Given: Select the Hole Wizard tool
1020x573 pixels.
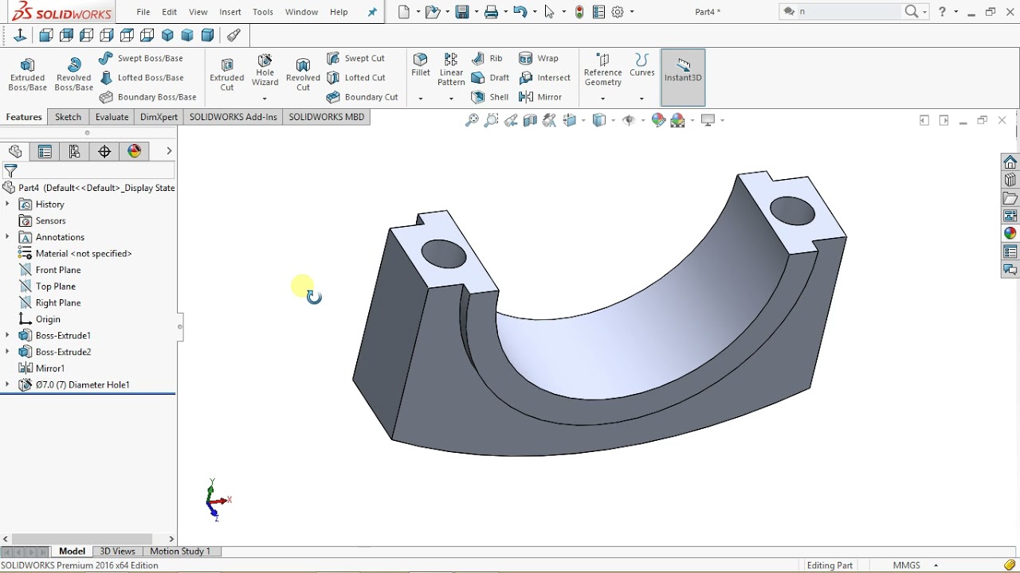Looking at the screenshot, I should point(265,70).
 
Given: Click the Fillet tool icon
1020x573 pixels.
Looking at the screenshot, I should point(421,64).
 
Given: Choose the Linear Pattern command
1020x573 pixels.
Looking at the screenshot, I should point(451,68).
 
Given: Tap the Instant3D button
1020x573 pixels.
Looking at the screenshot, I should point(683,70).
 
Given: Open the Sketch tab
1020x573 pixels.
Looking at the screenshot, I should point(68,117).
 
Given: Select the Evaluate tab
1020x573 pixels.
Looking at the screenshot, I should point(112,117).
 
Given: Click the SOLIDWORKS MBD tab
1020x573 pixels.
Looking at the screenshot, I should point(326,117).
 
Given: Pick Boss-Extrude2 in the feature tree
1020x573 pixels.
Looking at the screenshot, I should point(63,352).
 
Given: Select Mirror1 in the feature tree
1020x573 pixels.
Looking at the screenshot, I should point(50,368).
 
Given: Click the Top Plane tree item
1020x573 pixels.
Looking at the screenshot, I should point(56,286).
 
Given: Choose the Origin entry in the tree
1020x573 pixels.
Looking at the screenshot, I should point(48,319).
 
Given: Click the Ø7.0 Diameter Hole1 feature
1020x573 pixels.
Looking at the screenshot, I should point(82,385).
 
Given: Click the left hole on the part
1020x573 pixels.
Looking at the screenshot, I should point(444,254).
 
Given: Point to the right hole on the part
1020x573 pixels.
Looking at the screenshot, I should point(793,212).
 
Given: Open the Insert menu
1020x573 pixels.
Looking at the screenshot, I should point(230,12).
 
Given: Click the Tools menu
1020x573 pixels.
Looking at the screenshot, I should point(263,12).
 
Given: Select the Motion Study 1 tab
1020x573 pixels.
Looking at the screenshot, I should point(180,552).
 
